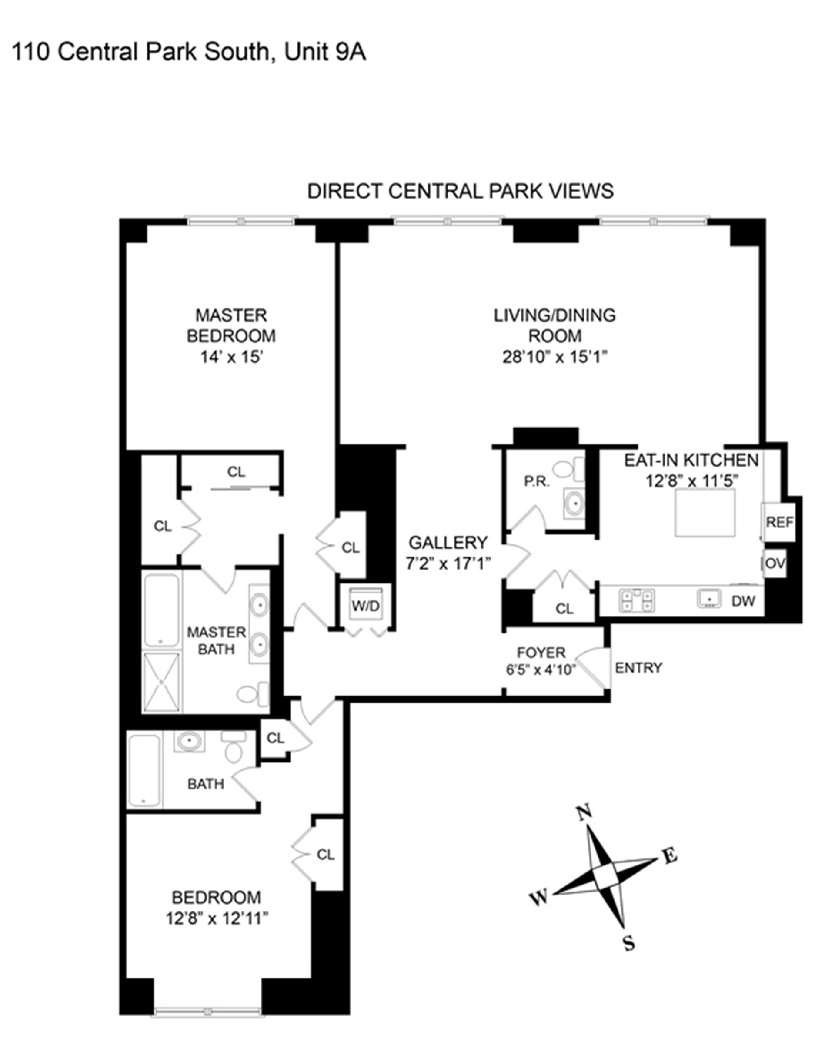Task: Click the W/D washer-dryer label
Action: (366, 606)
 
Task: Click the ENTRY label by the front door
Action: (638, 668)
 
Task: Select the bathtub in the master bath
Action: (161, 611)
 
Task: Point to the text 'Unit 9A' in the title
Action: (324, 52)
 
